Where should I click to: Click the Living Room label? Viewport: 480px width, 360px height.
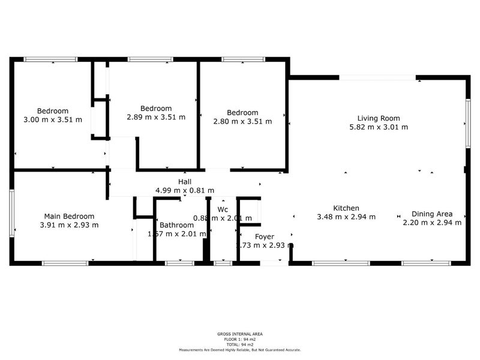pyautogui.click(x=378, y=118)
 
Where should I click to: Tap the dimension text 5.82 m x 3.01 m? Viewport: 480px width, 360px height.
pyautogui.click(x=378, y=127)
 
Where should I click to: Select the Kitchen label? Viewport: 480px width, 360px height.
pyautogui.click(x=346, y=208)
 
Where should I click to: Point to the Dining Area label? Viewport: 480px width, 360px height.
pyautogui.click(x=431, y=214)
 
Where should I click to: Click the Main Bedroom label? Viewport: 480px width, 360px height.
pyautogui.click(x=69, y=216)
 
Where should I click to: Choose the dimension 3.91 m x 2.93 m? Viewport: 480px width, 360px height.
pyautogui.click(x=69, y=225)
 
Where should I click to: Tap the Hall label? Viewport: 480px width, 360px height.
pyautogui.click(x=185, y=182)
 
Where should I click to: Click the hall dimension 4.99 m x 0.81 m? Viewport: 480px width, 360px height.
pyautogui.click(x=185, y=190)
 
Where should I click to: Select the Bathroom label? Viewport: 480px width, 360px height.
pyautogui.click(x=176, y=225)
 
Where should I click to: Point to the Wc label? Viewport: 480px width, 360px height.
pyautogui.click(x=223, y=209)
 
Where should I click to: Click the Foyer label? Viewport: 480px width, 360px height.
pyautogui.click(x=265, y=236)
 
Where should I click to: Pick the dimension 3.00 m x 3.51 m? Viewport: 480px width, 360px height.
pyautogui.click(x=53, y=119)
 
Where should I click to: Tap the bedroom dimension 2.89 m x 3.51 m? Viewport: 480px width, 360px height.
pyautogui.click(x=156, y=117)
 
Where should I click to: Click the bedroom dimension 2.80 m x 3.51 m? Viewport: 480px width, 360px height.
pyautogui.click(x=242, y=121)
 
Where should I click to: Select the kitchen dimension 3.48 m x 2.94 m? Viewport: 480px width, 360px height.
pyautogui.click(x=346, y=217)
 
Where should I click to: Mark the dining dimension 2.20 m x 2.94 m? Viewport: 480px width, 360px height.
pyautogui.click(x=431, y=223)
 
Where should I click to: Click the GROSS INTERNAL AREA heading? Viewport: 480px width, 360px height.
pyautogui.click(x=239, y=334)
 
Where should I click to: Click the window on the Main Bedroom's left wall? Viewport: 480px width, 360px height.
pyautogui.click(x=11, y=214)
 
